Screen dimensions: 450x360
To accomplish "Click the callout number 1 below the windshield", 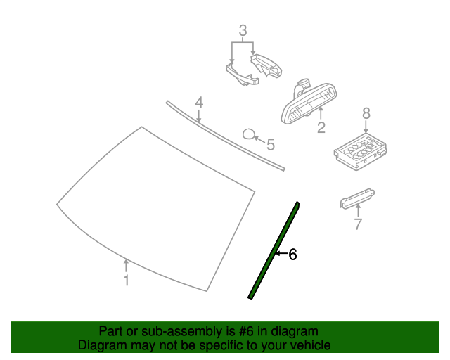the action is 127,280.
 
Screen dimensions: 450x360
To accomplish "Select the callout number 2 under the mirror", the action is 321,127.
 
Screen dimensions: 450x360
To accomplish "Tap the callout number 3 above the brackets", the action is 243,30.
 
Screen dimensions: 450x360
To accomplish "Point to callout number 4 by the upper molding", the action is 199,103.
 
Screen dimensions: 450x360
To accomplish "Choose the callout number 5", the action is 271,144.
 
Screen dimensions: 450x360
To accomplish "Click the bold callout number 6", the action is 292,255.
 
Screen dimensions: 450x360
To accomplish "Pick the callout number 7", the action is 358,224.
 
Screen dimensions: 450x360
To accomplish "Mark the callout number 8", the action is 366,113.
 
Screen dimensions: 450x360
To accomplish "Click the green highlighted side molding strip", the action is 274,250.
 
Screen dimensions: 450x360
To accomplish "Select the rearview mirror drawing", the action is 309,102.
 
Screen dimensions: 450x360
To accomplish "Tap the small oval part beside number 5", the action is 248,134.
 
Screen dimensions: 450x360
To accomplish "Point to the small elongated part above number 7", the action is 357,198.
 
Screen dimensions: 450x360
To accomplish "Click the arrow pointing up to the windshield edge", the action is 126,266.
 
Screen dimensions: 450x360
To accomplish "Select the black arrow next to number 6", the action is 281,254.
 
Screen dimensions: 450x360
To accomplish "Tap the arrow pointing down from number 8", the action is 366,127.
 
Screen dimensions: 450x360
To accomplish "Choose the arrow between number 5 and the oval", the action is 259,140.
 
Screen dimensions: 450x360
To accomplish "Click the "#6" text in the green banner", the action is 246,331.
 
